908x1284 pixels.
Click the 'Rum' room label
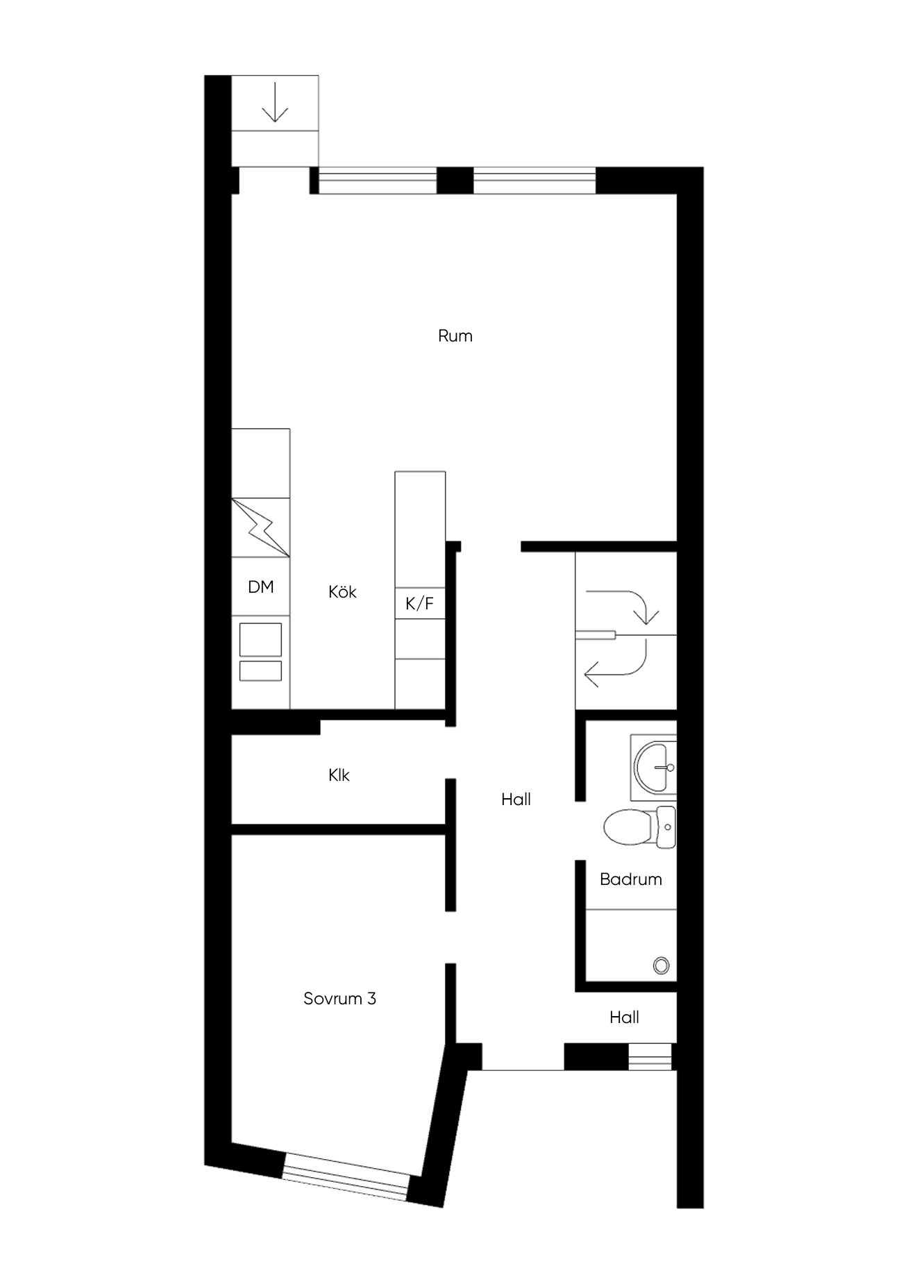[455, 336]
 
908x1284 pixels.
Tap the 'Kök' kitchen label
[342, 591]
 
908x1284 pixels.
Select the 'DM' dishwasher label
[260, 587]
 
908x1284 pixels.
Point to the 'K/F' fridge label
[419, 604]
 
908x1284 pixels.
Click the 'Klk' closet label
[339, 775]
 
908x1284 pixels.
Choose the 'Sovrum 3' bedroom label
[339, 999]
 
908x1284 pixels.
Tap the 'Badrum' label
[630, 879]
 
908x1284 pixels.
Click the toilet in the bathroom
[639, 827]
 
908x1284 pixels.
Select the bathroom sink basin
[655, 767]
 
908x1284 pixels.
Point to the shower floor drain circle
[661, 965]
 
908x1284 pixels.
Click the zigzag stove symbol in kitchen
[260, 527]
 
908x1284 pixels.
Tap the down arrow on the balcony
[276, 102]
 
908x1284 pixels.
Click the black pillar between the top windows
[455, 180]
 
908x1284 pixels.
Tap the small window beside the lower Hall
[650, 1056]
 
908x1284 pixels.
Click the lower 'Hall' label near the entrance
[624, 1017]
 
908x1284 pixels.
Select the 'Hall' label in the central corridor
[516, 800]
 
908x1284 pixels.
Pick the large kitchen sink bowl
[260, 639]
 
